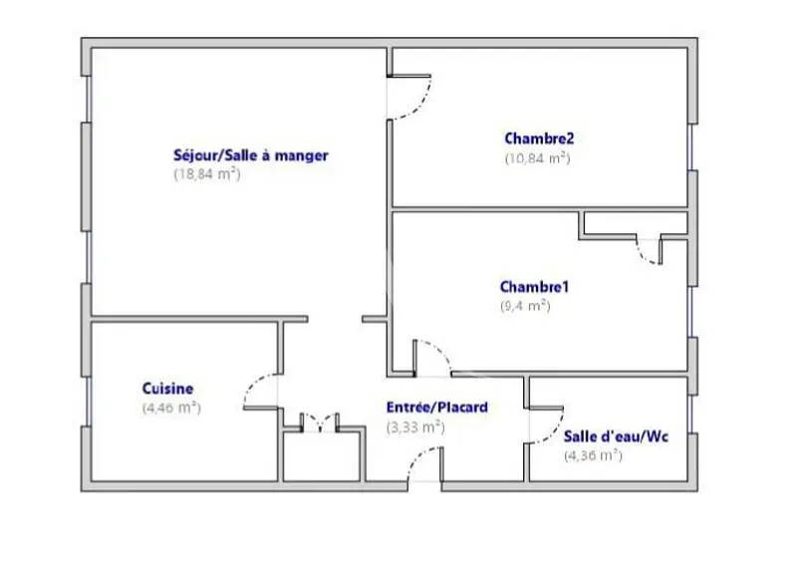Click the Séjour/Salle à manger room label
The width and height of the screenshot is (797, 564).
251,155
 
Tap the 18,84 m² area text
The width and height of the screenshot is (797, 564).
207,174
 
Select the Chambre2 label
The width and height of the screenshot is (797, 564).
539,139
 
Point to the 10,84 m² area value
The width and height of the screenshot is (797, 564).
537,158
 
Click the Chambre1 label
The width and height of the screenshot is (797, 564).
534,287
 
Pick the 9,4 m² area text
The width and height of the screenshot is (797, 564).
525,306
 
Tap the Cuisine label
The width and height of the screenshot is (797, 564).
167,389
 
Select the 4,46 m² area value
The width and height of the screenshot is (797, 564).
171,408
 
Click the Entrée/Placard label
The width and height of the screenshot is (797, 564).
437,408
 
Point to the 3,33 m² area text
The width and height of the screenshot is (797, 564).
415,427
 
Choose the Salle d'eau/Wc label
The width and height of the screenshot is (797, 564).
616,436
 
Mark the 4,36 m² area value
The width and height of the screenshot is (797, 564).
593,455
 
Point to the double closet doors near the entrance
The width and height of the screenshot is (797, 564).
320,423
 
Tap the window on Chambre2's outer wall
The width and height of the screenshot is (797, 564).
691,146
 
